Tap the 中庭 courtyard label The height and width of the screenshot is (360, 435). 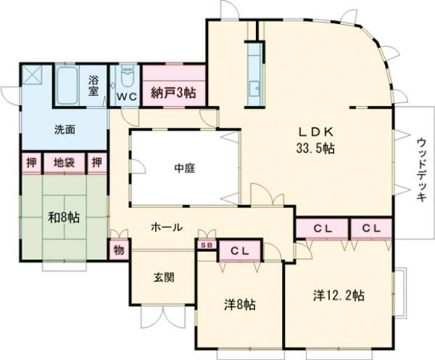pos(183,168)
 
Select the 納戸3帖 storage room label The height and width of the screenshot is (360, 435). pos(173,93)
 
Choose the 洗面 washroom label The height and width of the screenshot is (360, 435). pos(65,131)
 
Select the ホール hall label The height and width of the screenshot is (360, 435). pos(166,226)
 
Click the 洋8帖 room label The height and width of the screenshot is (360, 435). pos(239,305)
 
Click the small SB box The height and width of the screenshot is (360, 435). pos(205,245)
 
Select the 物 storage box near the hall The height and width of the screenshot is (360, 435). pos(118,249)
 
